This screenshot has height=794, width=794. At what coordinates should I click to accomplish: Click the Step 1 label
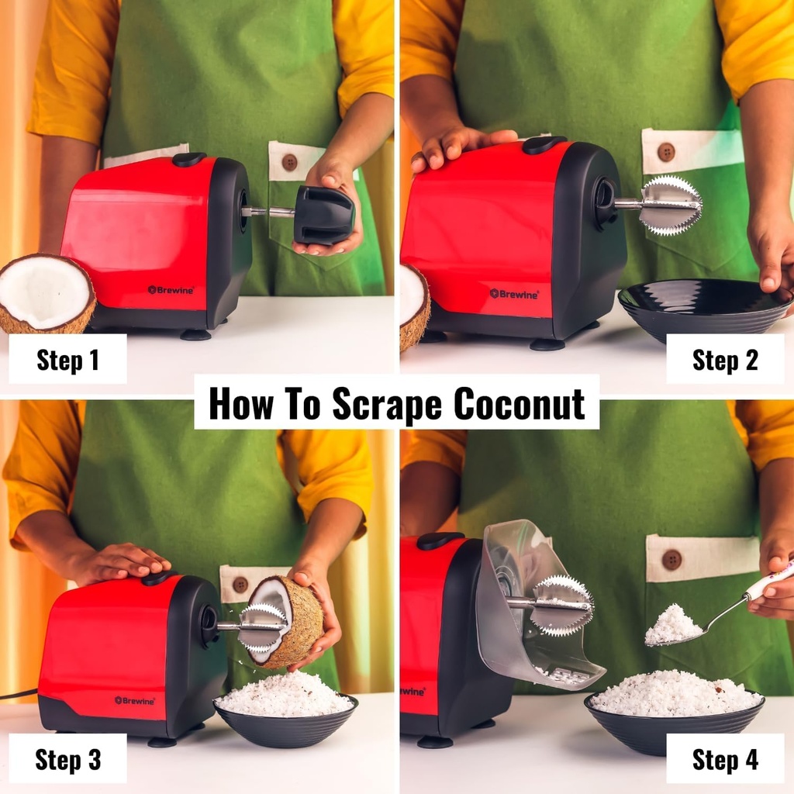(67, 360)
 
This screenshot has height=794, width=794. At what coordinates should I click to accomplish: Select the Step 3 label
(67, 759)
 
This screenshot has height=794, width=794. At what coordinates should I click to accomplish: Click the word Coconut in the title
(519, 403)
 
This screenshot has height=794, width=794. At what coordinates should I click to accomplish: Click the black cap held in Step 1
(323, 215)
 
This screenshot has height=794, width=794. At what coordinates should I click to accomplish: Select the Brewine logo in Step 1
(170, 290)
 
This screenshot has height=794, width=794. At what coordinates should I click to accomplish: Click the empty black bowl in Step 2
(702, 306)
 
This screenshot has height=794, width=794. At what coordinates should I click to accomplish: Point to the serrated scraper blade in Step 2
(671, 205)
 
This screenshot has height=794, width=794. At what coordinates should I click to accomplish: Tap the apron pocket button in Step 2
(665, 152)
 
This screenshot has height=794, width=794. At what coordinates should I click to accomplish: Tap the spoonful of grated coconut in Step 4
(672, 627)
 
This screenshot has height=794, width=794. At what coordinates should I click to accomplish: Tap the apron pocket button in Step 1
(288, 162)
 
